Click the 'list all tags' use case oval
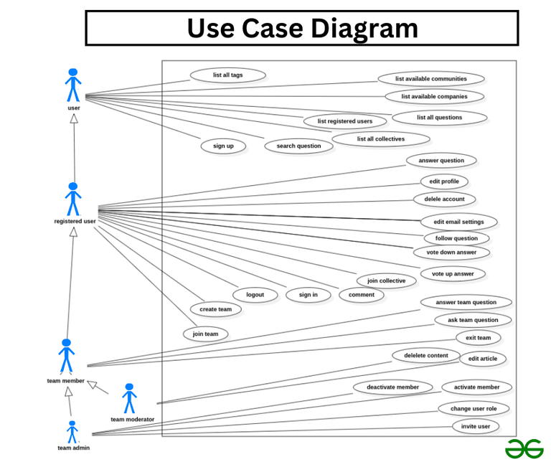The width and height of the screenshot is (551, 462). point(228,75)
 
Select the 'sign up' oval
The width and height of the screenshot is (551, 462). point(223,146)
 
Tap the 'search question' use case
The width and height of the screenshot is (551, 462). point(298,146)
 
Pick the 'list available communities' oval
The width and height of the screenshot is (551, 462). point(430,79)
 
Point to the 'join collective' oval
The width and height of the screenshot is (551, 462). point(386,280)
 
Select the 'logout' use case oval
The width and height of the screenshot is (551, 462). point(255,295)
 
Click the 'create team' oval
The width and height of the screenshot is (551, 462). point(215,309)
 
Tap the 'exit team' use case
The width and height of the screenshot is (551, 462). point(478,337)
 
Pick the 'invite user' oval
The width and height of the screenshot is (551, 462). point(475,426)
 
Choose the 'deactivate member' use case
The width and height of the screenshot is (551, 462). point(392,387)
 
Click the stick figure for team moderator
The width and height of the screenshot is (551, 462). point(129,398)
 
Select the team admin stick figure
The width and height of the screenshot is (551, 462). point(72,432)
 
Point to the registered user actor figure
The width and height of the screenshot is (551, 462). point(72,199)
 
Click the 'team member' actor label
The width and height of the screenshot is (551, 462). point(65,381)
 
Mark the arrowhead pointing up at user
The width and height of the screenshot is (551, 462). point(73,119)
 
